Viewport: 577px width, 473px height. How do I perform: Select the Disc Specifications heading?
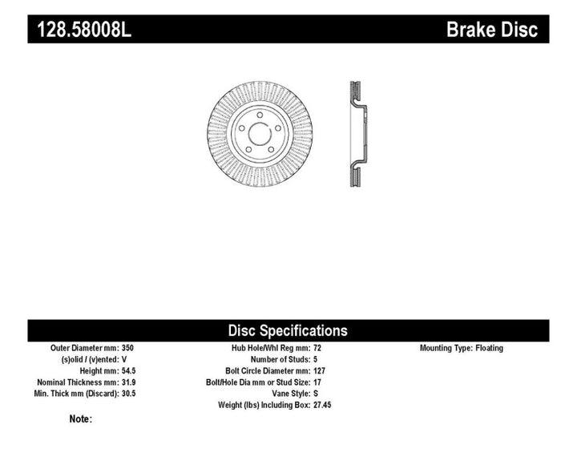point(288,330)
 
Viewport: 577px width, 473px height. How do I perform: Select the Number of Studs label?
point(274,360)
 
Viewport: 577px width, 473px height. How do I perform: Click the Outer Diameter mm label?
point(83,349)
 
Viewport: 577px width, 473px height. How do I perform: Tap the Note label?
point(81,418)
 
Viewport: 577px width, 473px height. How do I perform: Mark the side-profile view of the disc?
point(357,134)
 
